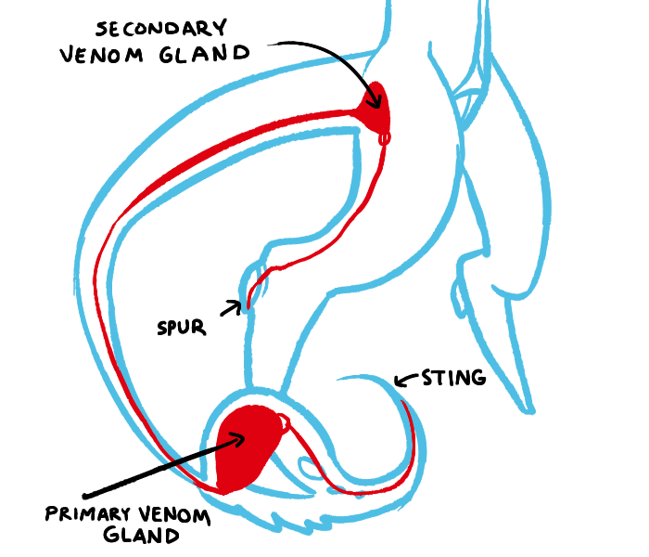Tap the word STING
pyautogui.click(x=453, y=378)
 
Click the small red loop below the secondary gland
pyautogui.click(x=385, y=139)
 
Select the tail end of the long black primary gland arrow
pyautogui.click(x=84, y=494)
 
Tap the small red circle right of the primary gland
pyautogui.click(x=286, y=423)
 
